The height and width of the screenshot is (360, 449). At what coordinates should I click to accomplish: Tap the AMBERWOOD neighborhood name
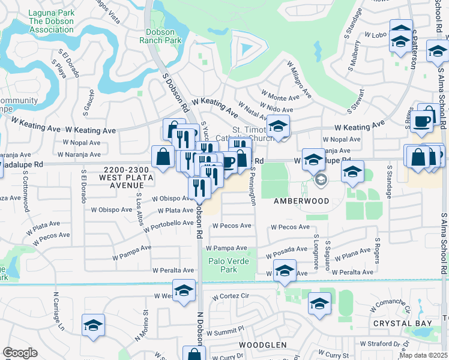(x=301, y=201)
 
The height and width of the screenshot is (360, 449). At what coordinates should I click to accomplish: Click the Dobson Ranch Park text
(x=160, y=36)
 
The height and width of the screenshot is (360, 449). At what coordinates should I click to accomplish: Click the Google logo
(x=20, y=353)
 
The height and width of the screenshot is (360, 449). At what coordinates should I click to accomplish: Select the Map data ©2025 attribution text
(x=423, y=355)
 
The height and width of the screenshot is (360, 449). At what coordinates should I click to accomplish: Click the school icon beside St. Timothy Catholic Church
(x=278, y=127)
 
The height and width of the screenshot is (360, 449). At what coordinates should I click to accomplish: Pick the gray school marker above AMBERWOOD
(x=321, y=180)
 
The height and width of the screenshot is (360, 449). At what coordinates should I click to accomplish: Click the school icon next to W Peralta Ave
(x=285, y=271)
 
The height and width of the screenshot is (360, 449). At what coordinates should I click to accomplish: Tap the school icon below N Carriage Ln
(x=93, y=325)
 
